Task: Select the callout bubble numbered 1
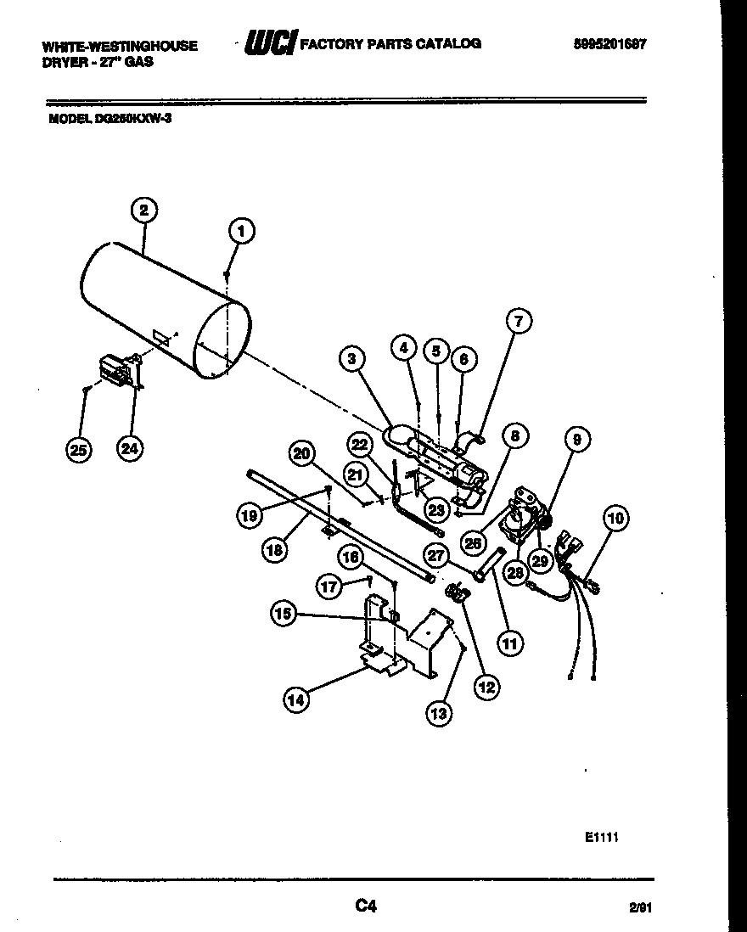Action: coord(242,230)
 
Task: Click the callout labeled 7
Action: coord(519,321)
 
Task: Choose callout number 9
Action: coord(577,440)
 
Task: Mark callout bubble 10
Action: coord(615,517)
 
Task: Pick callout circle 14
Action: coord(296,699)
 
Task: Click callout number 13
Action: coord(438,714)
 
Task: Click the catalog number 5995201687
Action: coord(604,44)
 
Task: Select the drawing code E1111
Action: coord(600,836)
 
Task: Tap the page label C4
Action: coord(365,907)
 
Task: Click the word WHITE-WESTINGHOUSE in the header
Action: coord(119,46)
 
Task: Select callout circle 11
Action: coord(509,643)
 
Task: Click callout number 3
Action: coord(351,358)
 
